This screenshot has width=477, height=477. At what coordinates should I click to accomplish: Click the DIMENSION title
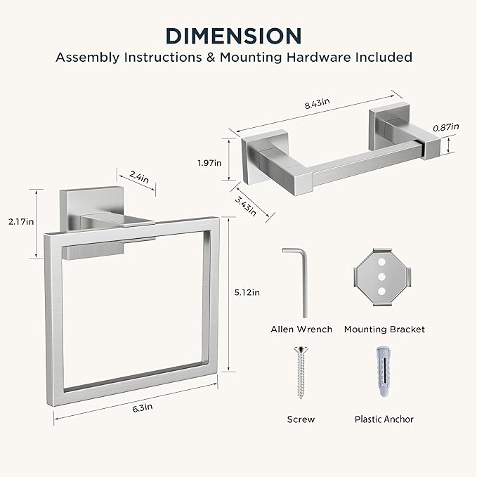click(x=234, y=37)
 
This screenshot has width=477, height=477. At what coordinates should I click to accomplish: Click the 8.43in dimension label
click(x=318, y=103)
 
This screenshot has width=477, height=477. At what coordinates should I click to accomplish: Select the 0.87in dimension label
click(x=446, y=127)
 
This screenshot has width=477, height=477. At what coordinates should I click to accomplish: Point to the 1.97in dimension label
click(x=209, y=163)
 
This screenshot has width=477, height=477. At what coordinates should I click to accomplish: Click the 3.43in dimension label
click(x=246, y=206)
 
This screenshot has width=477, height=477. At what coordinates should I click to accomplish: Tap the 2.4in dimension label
click(x=139, y=177)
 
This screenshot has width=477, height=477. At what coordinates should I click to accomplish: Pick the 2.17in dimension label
click(x=21, y=222)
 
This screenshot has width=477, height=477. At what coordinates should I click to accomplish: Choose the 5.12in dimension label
click(x=247, y=293)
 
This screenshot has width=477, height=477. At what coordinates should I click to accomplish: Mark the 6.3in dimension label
click(x=143, y=408)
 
